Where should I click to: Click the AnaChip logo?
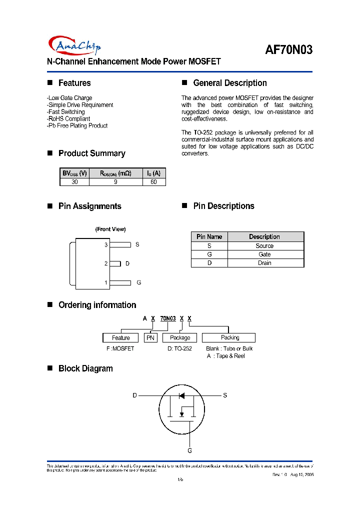point(75,46)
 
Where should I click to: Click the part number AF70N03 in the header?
point(288,50)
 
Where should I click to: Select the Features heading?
point(74,83)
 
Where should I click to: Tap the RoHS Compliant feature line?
point(68,119)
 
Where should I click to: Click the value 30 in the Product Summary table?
point(74,182)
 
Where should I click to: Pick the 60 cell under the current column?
point(153,182)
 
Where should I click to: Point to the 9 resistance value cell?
point(115,182)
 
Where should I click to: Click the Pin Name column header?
point(209,236)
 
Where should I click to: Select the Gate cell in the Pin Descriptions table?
point(264,254)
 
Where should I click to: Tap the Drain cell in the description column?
point(264,263)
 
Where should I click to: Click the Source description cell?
point(264,246)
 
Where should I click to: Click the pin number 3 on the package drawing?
point(106,245)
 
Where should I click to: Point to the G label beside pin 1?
point(139,282)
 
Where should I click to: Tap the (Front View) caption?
point(110,229)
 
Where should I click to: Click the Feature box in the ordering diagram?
point(121,338)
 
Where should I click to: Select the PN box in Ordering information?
point(150,338)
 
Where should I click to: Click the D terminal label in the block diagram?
point(134,395)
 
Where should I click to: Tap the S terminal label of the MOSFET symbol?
point(225,395)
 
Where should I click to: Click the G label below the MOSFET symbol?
point(190,450)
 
